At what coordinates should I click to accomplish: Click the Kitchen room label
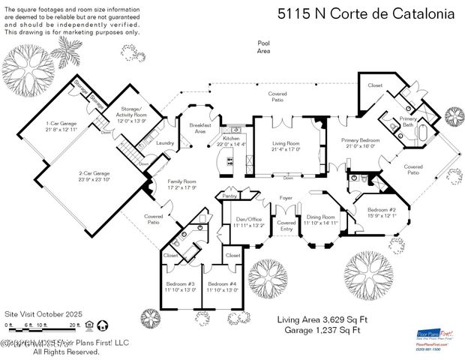click(230, 139)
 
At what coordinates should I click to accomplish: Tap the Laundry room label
click(166, 142)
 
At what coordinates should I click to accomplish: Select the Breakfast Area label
click(199, 127)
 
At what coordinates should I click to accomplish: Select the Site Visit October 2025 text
click(43, 313)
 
